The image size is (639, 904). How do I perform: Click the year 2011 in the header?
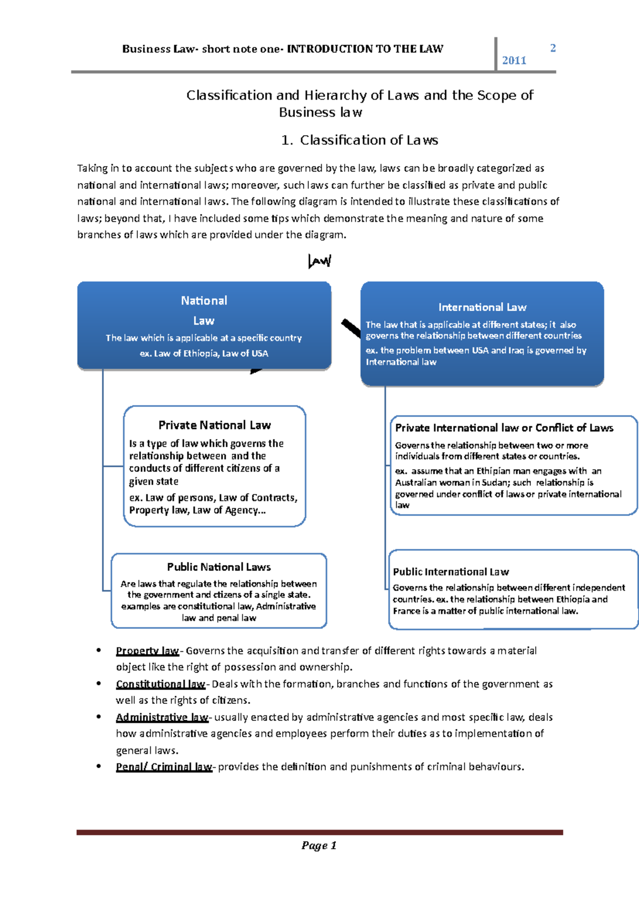point(514,61)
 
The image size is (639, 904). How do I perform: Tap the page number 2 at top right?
point(553,48)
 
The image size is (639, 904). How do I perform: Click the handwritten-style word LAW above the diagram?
point(319,261)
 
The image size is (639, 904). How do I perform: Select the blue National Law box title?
point(204,310)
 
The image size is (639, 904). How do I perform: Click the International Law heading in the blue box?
point(482,307)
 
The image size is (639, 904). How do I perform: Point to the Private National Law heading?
point(215,425)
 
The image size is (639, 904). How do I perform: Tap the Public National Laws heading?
point(219,567)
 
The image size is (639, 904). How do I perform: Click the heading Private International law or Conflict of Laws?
point(504,428)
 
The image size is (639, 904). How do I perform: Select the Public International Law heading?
point(450,572)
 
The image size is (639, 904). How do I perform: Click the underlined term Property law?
point(148,651)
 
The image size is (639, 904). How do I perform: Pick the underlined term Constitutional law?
point(160,684)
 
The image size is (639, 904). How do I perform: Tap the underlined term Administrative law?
point(162,717)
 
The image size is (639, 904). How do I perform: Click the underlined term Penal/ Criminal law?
point(163,767)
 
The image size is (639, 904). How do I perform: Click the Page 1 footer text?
point(319,845)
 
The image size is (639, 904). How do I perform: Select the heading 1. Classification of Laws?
point(359,140)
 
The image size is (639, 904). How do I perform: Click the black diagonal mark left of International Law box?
point(351,328)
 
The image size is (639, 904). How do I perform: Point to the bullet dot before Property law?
point(99,650)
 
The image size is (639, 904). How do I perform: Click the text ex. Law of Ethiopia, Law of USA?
point(204,354)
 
